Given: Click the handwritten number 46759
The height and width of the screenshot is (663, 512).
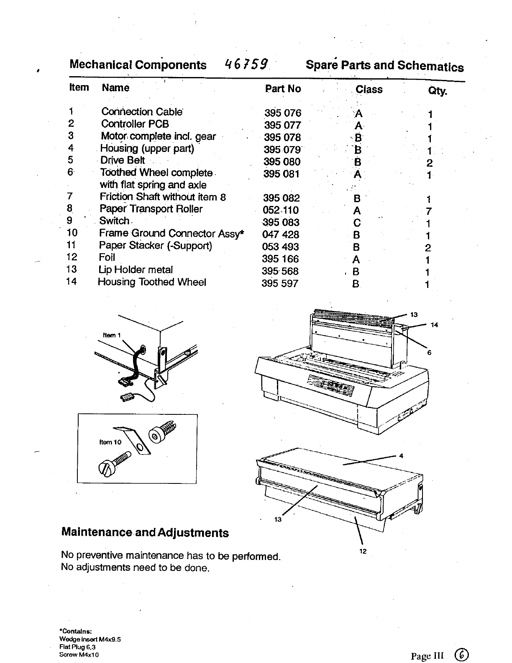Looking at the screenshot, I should tap(246, 64).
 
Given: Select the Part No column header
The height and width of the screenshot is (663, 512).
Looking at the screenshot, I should tap(283, 89).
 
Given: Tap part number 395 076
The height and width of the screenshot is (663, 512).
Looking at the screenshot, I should tap(282, 113).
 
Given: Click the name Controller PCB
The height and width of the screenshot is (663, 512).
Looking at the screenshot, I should tap(135, 124).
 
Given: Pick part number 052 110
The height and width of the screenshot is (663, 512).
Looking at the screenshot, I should tap(280, 210).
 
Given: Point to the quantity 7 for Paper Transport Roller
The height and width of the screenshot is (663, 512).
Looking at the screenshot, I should tap(429, 211).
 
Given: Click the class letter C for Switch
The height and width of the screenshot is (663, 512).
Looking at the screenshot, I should tap(357, 223).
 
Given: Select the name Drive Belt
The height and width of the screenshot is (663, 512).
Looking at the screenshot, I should tap(122, 160).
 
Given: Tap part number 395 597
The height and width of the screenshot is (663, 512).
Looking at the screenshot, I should tap(280, 283).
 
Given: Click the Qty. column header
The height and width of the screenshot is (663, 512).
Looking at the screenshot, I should tap(437, 91).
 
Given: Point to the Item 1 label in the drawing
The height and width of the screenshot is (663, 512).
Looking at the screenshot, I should tap(112, 335).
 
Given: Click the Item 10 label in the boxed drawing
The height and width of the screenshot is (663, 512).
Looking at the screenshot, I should tap(110, 442).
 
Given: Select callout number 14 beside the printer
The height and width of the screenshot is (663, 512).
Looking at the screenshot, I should tap(434, 325).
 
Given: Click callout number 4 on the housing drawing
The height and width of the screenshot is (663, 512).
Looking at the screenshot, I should tap(401, 456).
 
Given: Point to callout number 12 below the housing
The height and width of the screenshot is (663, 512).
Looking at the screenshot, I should tap(363, 551).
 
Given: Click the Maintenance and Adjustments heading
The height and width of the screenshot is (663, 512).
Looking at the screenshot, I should tap(145, 533).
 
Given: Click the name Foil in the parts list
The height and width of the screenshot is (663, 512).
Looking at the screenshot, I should tap(107, 258).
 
